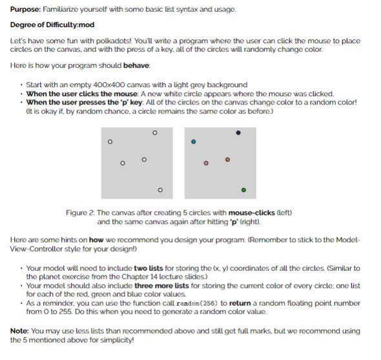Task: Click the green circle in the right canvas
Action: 243,190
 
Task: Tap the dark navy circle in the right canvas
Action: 238,133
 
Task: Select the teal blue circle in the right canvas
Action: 193,141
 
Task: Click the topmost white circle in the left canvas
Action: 154,132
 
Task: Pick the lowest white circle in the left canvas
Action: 160,190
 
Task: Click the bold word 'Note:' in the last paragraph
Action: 19,331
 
